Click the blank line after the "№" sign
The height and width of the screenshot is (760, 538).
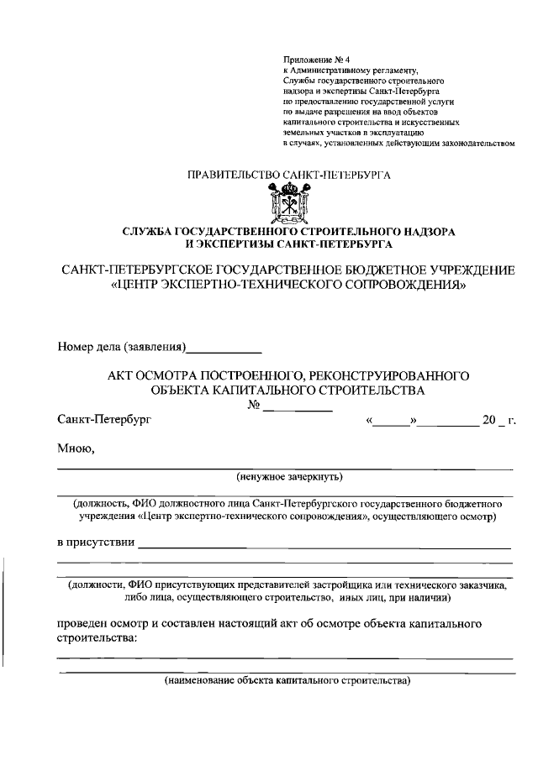point(298,408)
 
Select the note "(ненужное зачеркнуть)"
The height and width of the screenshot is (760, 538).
point(287,476)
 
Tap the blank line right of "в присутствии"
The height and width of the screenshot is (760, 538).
point(324,547)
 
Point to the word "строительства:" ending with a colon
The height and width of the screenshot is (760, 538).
point(97,638)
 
